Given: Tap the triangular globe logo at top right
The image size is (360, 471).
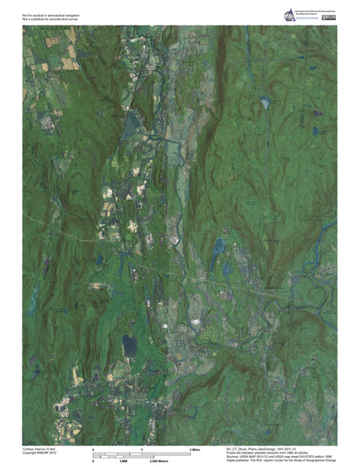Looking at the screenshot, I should click(x=289, y=15).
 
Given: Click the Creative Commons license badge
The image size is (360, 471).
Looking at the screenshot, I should click(x=328, y=16).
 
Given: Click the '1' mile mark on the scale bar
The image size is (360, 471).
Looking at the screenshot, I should click(x=142, y=449).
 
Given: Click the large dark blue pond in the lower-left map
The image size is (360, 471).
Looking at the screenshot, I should click(x=130, y=345).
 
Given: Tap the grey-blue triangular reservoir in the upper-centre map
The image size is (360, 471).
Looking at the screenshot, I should click(x=134, y=120).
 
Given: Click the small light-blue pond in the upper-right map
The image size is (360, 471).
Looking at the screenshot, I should click(x=265, y=102).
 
